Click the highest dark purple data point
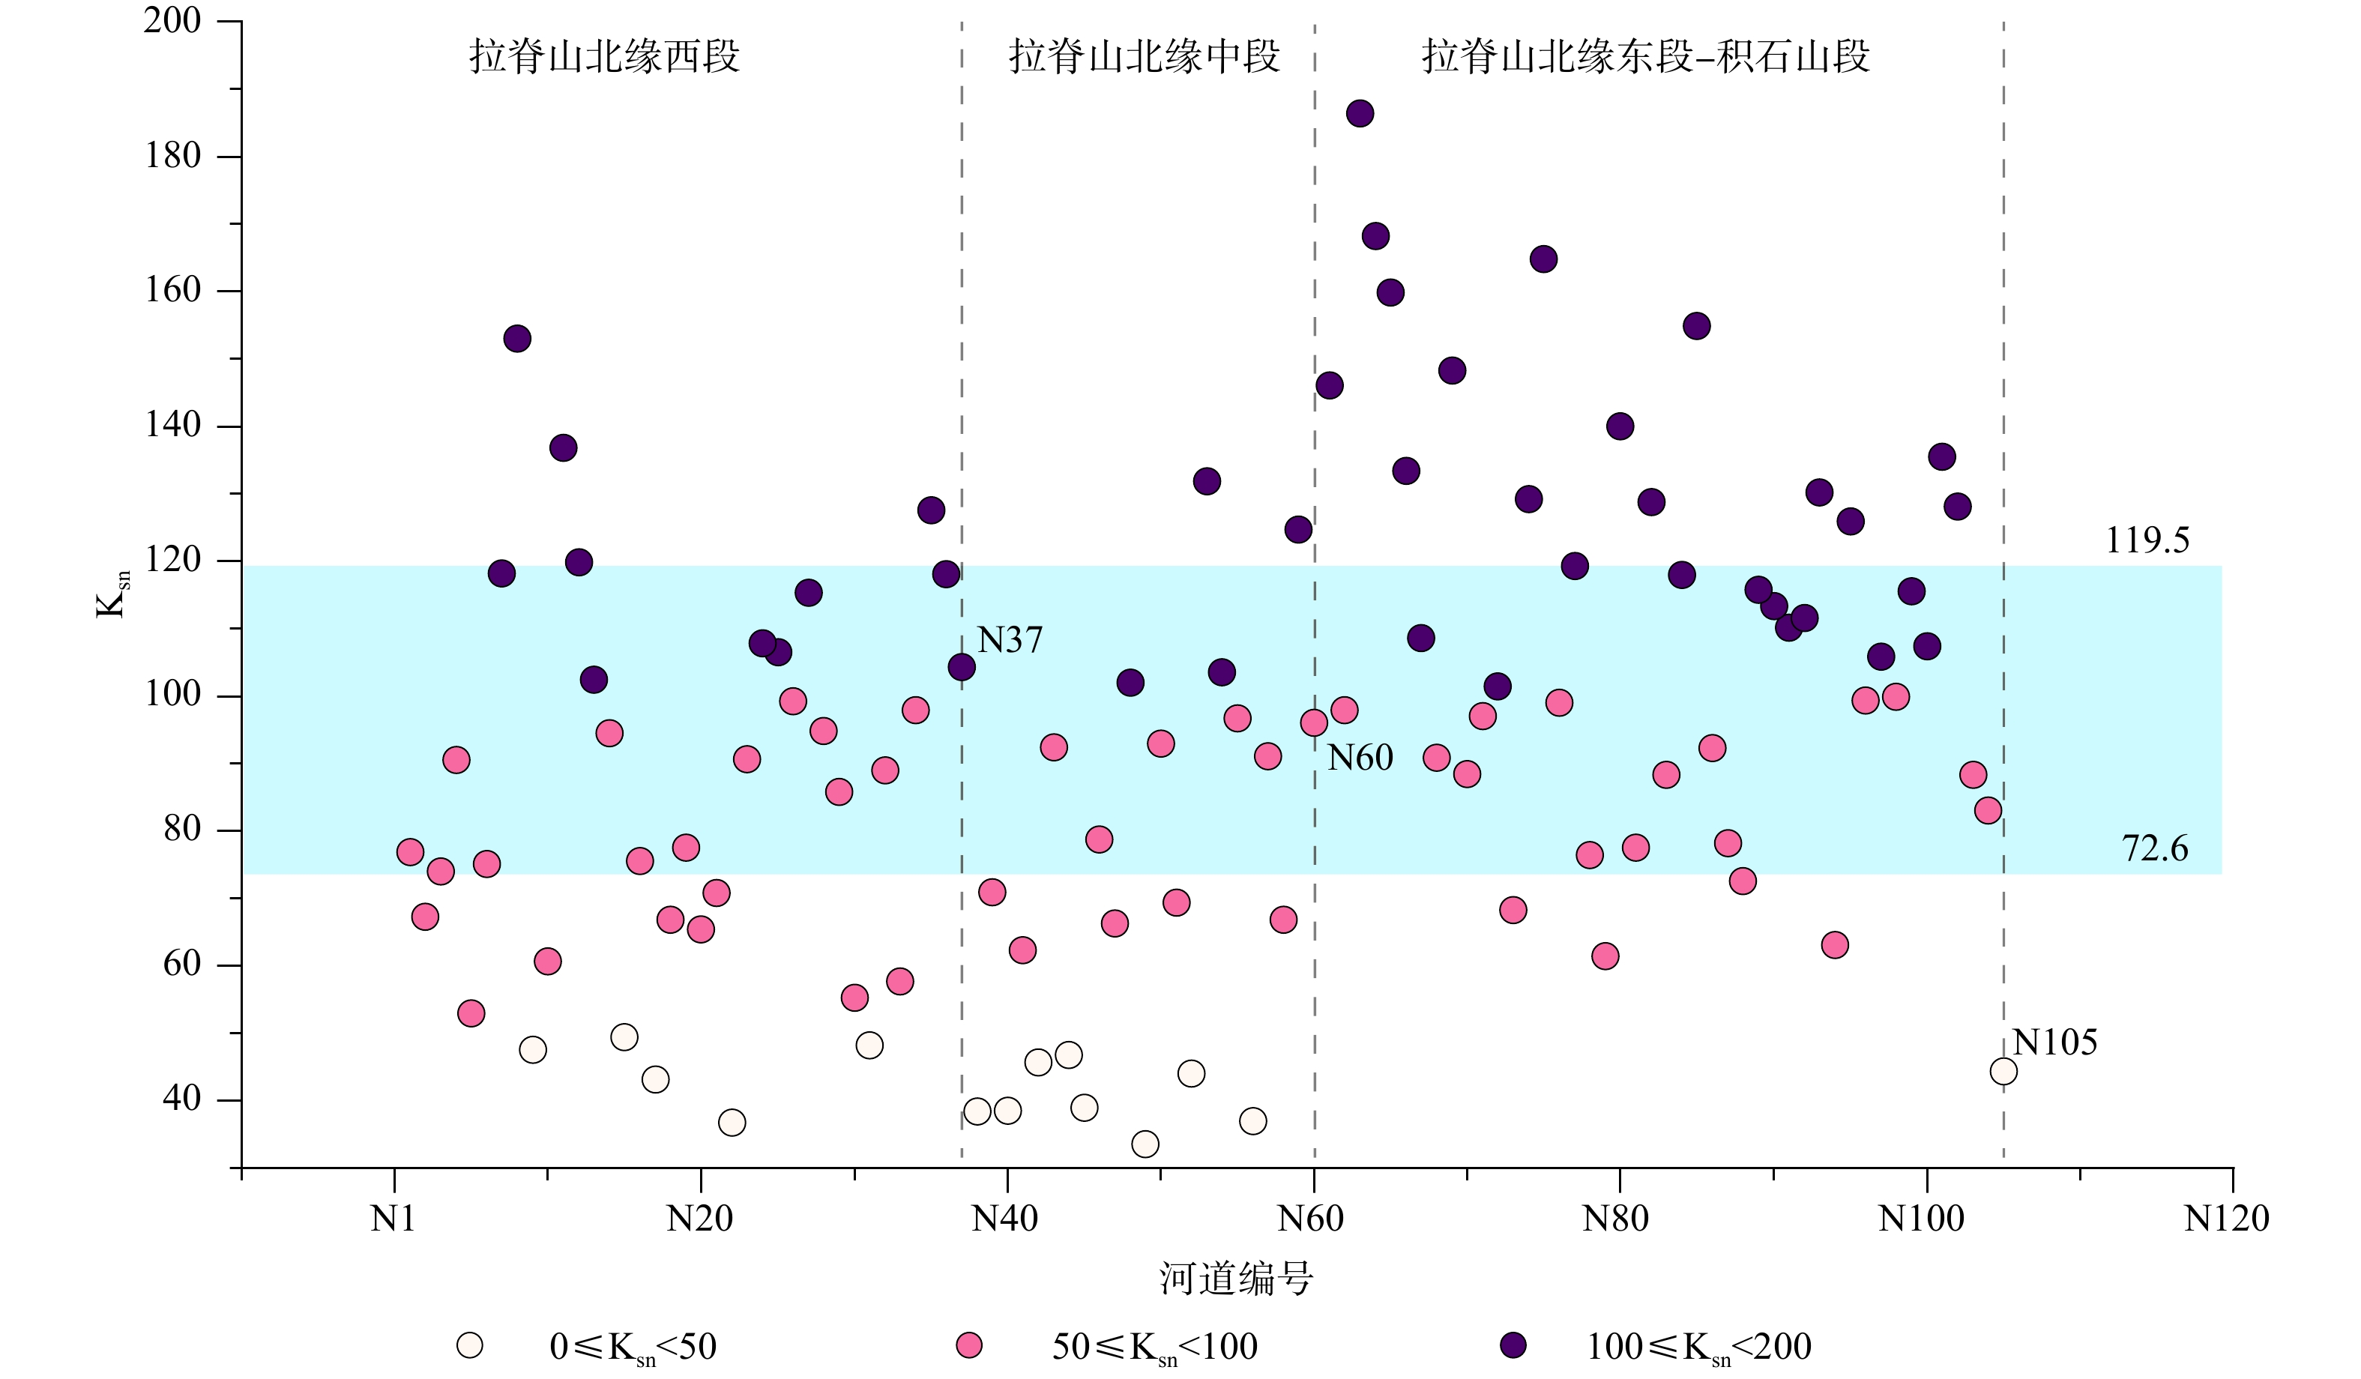pyautogui.click(x=1360, y=113)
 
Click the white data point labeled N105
pyautogui.click(x=2003, y=1071)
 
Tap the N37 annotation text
pyautogui.click(x=1009, y=640)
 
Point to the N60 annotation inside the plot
pyautogui.click(x=1360, y=757)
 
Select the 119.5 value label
pyautogui.click(x=2147, y=540)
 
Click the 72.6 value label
pyautogui.click(x=2154, y=848)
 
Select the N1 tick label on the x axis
pyautogui.click(x=393, y=1219)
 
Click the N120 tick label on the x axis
pyautogui.click(x=2226, y=1219)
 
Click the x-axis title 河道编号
pyautogui.click(x=1236, y=1278)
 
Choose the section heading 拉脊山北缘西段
pyautogui.click(x=604, y=56)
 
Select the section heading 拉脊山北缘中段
pyautogui.click(x=1144, y=56)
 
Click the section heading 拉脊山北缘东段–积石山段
pyautogui.click(x=1645, y=56)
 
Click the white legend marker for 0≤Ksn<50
pyautogui.click(x=469, y=1345)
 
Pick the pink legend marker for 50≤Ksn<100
pyautogui.click(x=968, y=1345)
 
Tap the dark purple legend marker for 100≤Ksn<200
pyautogui.click(x=1513, y=1345)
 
